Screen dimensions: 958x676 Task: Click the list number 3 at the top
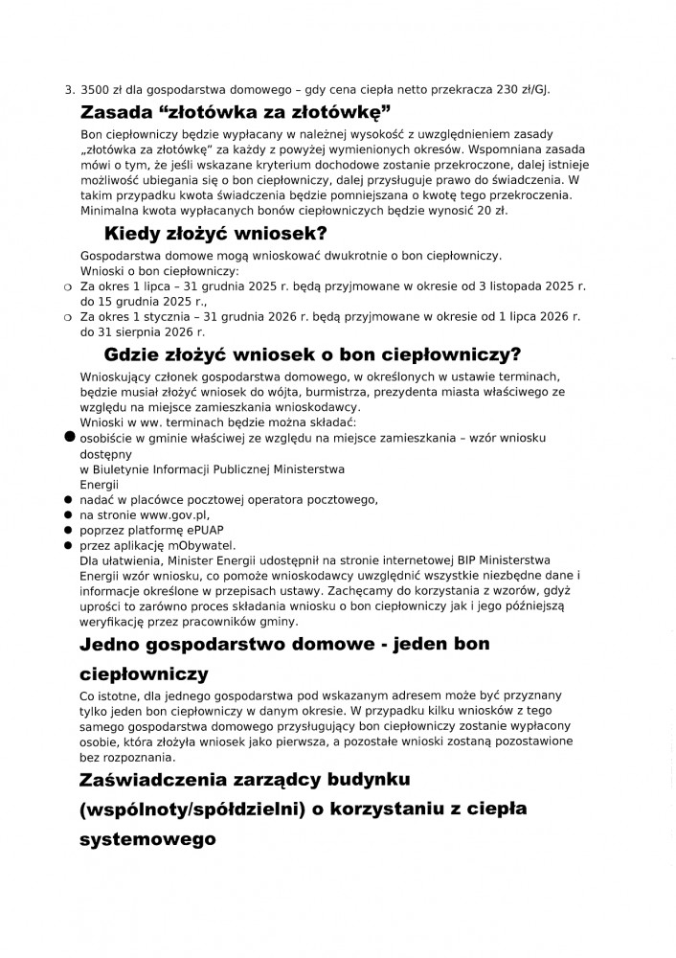(x=68, y=90)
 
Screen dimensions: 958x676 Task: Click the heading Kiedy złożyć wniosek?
(x=215, y=233)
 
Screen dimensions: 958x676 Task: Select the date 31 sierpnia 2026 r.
(x=139, y=331)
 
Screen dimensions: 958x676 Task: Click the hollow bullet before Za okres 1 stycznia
(x=68, y=317)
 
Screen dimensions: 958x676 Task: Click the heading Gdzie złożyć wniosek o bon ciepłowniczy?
(x=313, y=354)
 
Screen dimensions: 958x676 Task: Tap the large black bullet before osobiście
(x=69, y=436)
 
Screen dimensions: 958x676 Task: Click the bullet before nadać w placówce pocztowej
(x=69, y=499)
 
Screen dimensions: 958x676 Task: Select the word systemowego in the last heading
(x=147, y=835)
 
